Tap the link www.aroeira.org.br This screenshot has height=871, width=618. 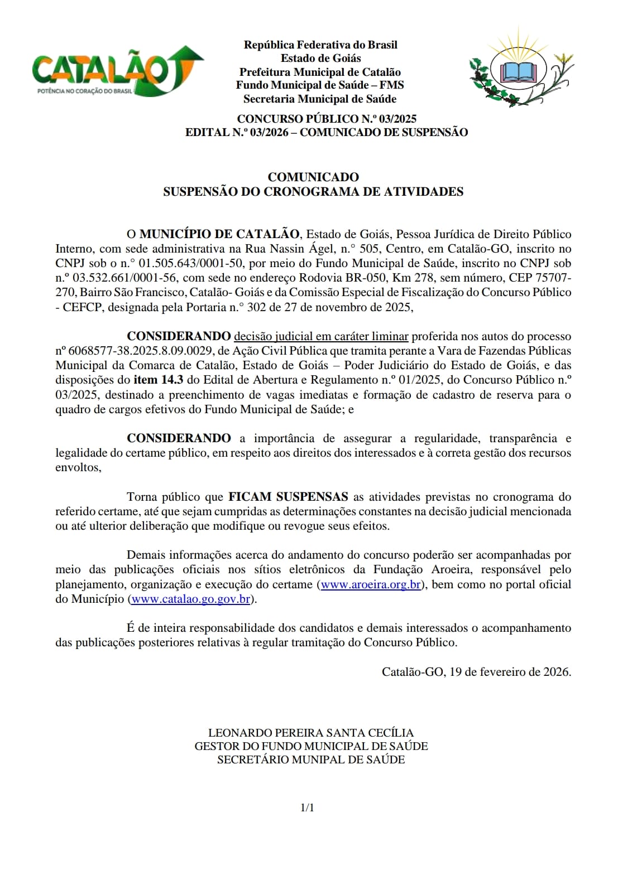pyautogui.click(x=371, y=584)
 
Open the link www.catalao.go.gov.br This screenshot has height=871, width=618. pyautogui.click(x=191, y=599)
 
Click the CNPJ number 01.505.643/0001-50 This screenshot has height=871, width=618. pyautogui.click(x=190, y=263)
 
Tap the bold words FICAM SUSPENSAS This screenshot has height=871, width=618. pyautogui.click(x=288, y=497)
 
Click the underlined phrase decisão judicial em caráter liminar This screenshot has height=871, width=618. pyautogui.click(x=321, y=336)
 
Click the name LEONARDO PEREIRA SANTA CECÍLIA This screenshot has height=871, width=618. pyautogui.click(x=311, y=733)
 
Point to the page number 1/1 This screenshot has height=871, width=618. pyautogui.click(x=308, y=807)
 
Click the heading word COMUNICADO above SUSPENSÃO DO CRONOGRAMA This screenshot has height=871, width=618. pyautogui.click(x=313, y=177)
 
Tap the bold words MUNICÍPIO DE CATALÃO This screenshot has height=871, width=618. pyautogui.click(x=219, y=234)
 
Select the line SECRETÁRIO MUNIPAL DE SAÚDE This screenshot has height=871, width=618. pyautogui.click(x=311, y=759)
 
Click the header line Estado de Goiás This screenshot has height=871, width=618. pyautogui.click(x=320, y=58)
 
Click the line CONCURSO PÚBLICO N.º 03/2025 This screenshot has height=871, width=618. pyautogui.click(x=327, y=119)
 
